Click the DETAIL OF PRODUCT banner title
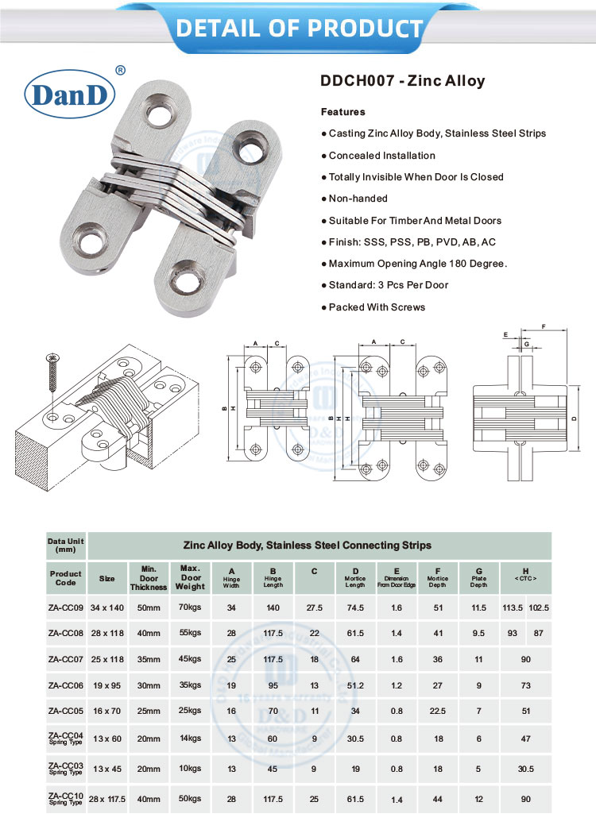pyautogui.click(x=299, y=28)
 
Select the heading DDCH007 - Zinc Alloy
pyautogui.click(x=402, y=81)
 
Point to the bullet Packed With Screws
pyautogui.click(x=373, y=307)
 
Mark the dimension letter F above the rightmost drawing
pyautogui.click(x=543, y=326)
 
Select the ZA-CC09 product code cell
pyautogui.click(x=66, y=607)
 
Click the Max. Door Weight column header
pyautogui.click(x=191, y=578)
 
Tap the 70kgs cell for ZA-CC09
pyautogui.click(x=191, y=607)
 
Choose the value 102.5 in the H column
pyautogui.click(x=539, y=607)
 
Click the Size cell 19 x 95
pyautogui.click(x=106, y=685)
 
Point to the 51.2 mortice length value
pyautogui.click(x=355, y=685)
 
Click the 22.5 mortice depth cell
pyautogui.click(x=438, y=712)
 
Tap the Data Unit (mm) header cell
pyautogui.click(x=66, y=546)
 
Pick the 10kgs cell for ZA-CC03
pyautogui.click(x=191, y=769)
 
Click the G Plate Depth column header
pyautogui.click(x=478, y=578)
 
